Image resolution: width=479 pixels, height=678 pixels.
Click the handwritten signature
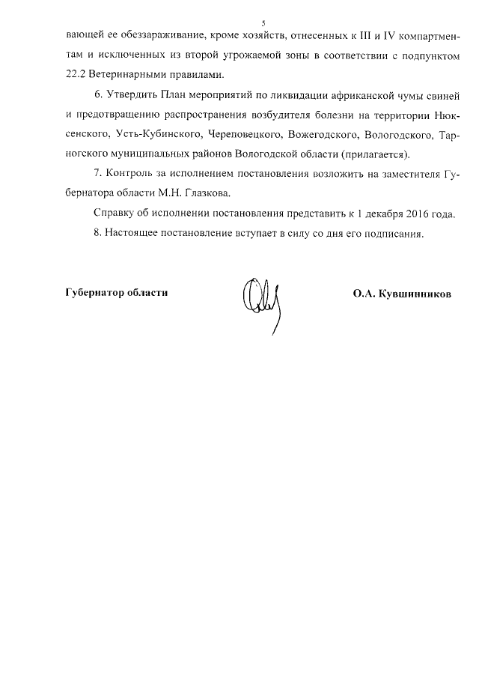[259, 296]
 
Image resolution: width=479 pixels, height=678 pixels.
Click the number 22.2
[78, 76]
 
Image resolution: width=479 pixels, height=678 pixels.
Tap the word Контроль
[131, 175]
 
